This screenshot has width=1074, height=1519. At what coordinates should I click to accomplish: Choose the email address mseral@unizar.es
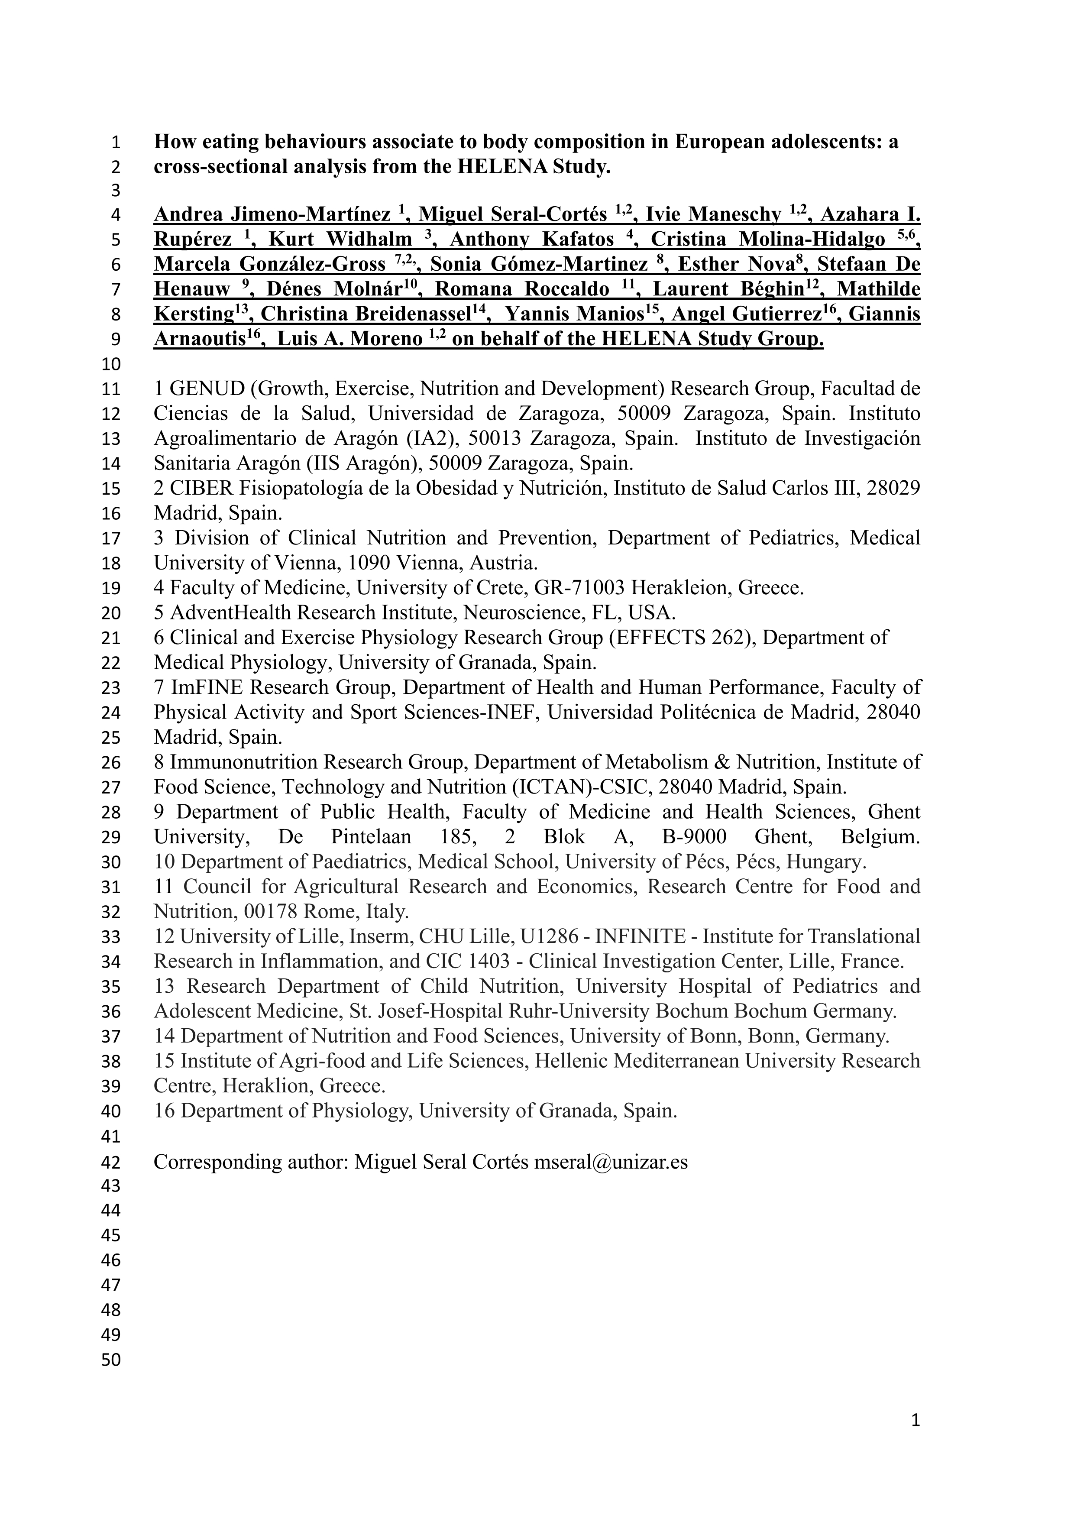point(611,1162)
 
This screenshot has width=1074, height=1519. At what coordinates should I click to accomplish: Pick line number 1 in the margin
point(116,142)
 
